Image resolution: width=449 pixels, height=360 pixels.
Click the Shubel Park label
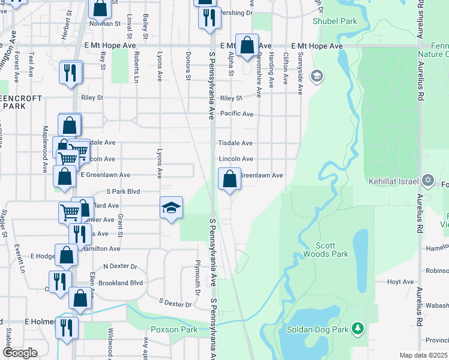pos(334,21)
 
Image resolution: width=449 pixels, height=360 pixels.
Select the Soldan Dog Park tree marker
pos(358,328)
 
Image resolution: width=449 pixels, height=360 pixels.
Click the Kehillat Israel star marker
pos(428,180)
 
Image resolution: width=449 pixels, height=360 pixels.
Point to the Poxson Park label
pos(174,329)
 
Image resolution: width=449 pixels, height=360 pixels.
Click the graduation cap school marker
pos(171,208)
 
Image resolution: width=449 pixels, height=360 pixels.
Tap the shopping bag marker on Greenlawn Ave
pos(229,178)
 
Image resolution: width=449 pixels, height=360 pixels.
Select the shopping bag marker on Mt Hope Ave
pos(247,45)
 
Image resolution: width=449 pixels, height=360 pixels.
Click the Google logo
pos(20,353)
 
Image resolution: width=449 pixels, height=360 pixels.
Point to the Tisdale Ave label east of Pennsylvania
pos(235,143)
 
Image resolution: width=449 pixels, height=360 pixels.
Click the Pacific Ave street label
pos(237,113)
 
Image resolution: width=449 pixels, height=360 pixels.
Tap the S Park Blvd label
pos(122,192)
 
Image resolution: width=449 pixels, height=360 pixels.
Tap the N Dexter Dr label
pos(120,266)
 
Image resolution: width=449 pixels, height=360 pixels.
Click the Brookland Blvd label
pos(122,282)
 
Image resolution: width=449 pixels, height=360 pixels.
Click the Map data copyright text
pos(423,355)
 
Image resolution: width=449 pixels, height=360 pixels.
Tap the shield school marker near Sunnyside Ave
pos(317,76)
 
